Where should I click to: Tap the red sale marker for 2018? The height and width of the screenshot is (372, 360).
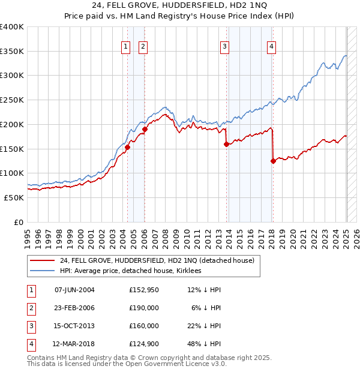273,161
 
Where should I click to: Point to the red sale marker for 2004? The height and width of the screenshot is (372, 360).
127,147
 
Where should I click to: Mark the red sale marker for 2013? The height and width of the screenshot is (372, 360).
226,144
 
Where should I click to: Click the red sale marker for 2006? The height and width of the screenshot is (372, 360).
145,129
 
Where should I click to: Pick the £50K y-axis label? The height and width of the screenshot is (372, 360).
14,197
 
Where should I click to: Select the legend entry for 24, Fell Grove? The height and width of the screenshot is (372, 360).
157,260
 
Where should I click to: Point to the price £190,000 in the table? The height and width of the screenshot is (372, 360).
143,308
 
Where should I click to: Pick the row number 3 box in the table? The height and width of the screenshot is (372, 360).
30,326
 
